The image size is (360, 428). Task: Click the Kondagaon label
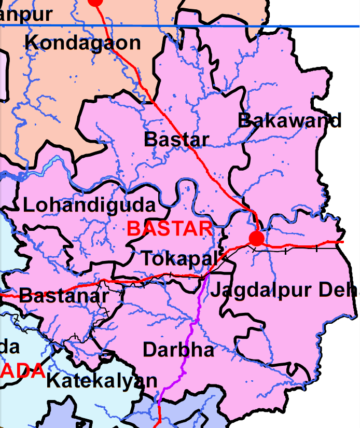[82, 43]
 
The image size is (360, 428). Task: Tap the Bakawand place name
[289, 120]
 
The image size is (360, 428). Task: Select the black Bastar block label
[176, 139]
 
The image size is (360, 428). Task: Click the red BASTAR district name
[170, 228]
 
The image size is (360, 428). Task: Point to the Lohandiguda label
[89, 205]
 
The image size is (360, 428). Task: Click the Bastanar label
[64, 296]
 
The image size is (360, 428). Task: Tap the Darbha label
[178, 350]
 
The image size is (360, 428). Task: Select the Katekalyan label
[102, 381]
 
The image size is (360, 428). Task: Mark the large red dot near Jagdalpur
[256, 239]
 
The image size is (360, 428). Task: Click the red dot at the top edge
[95, 2]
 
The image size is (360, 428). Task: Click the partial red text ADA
[22, 370]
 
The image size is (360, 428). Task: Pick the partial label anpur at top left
[26, 14]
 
